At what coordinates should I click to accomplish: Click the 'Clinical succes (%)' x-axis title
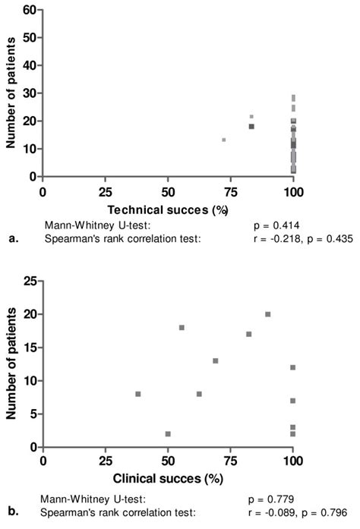coord(168,480)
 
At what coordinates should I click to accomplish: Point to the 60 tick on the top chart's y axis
coord(29,10)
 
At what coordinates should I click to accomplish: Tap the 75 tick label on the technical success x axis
coord(231,193)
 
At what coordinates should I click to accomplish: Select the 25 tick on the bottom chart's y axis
coord(30,281)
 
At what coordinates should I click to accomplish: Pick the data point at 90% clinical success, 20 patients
coord(268,314)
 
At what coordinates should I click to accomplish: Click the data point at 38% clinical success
coord(138,394)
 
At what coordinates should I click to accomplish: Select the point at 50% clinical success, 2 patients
coord(168,434)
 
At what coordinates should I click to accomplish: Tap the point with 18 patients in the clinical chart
coord(182,327)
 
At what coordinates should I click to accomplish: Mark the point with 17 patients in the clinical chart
coord(248,334)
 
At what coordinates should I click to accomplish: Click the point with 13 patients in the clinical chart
coord(216,361)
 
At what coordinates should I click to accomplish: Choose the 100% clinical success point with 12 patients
coord(292,367)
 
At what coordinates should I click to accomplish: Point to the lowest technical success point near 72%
coord(224,140)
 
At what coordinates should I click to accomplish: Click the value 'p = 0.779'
coord(272,499)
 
